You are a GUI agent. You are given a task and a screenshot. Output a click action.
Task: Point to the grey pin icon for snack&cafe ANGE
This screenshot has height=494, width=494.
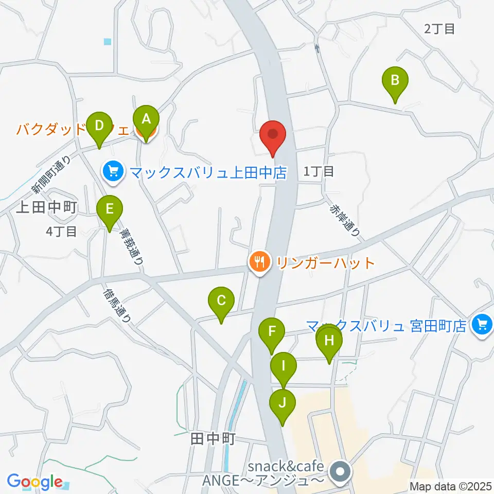pos(340,471)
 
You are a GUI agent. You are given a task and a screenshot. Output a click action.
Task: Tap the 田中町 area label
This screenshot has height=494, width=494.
pos(213,439)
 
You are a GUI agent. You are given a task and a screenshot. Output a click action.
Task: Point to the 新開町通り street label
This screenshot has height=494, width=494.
pos(50,174)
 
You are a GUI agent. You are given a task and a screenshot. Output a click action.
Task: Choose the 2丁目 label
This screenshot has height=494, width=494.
pos(439,29)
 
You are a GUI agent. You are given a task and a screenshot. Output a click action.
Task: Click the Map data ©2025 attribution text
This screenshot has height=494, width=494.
pos(450,486)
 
